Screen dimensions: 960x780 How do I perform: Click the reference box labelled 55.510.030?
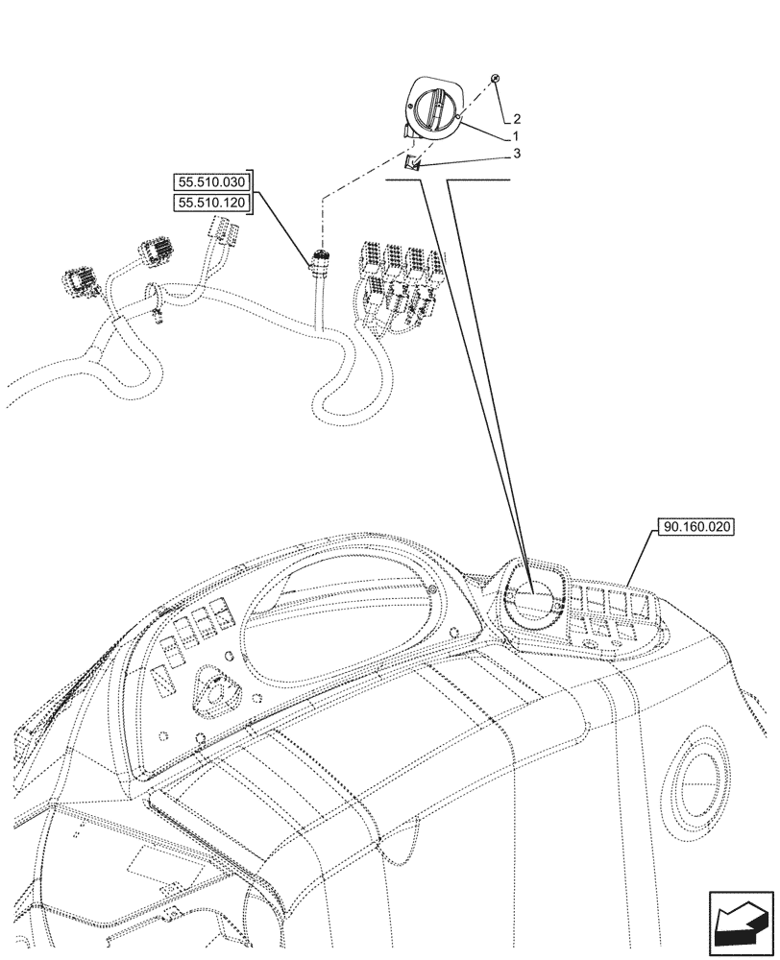(211, 181)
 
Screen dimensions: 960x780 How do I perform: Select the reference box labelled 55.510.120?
(211, 203)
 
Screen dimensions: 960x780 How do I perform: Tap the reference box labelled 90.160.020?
(696, 527)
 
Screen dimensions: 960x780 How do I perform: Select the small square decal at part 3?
(412, 163)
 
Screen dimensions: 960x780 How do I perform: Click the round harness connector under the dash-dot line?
(319, 259)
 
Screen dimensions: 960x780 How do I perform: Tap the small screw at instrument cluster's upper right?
(434, 589)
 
